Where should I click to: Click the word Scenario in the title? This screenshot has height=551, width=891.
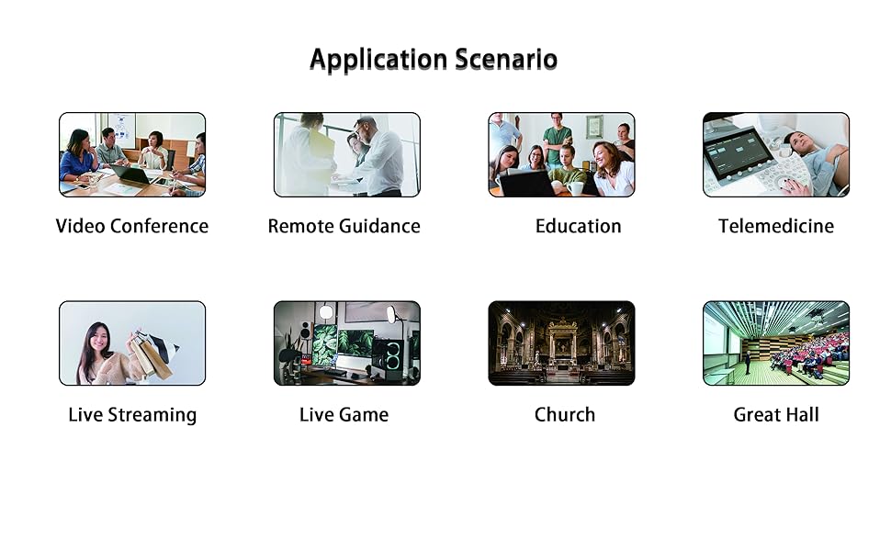click(506, 60)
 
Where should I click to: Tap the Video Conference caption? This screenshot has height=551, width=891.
click(132, 226)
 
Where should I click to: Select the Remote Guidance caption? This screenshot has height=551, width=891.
click(344, 226)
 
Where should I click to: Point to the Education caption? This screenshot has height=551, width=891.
click(578, 226)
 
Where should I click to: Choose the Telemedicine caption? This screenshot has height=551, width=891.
click(776, 226)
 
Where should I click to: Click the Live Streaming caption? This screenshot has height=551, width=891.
click(132, 414)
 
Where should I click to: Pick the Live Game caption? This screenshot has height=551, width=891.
click(344, 414)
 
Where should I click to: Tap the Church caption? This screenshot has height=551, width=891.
click(565, 414)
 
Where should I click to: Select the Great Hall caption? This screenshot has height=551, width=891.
click(776, 414)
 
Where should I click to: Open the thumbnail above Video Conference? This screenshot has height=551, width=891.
click(132, 154)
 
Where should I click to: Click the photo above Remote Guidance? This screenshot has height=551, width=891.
click(347, 154)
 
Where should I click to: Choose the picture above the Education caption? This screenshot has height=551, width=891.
click(561, 154)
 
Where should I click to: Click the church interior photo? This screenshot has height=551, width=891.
click(561, 343)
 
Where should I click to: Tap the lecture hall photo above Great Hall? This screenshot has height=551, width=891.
click(776, 343)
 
